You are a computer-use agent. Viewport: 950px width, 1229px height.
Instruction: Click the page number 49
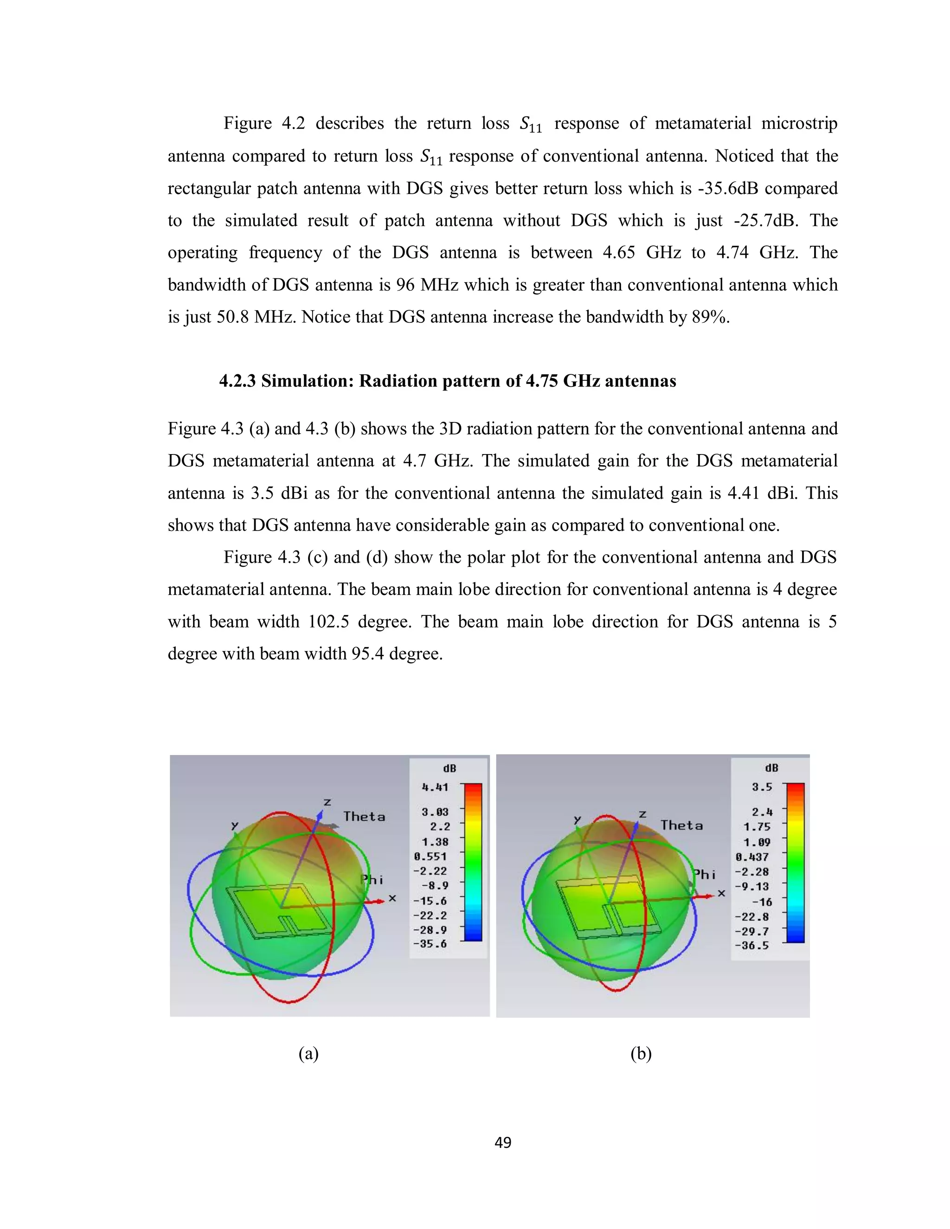(x=502, y=1142)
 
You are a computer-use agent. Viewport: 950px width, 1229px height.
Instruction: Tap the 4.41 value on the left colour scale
(x=435, y=787)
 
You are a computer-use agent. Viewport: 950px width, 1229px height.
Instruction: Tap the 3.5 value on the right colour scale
(x=762, y=787)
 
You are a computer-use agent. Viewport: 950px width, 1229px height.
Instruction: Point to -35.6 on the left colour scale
(x=430, y=944)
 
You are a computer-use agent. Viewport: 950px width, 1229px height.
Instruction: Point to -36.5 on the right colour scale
(x=752, y=945)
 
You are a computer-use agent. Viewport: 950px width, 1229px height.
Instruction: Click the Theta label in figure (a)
(x=364, y=817)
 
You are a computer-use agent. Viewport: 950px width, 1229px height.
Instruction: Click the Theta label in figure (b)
(x=681, y=826)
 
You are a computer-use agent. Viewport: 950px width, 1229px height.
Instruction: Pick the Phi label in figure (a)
(x=372, y=879)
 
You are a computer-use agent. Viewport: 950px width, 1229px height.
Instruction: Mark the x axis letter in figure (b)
(x=721, y=893)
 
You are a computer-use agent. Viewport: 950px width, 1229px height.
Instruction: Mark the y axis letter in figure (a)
(x=235, y=826)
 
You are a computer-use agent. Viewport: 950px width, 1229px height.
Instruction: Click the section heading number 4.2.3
(x=237, y=381)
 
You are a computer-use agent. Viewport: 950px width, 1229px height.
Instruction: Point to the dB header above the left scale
(x=449, y=768)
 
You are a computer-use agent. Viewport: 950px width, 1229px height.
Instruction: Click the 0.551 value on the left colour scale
(x=430, y=857)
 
